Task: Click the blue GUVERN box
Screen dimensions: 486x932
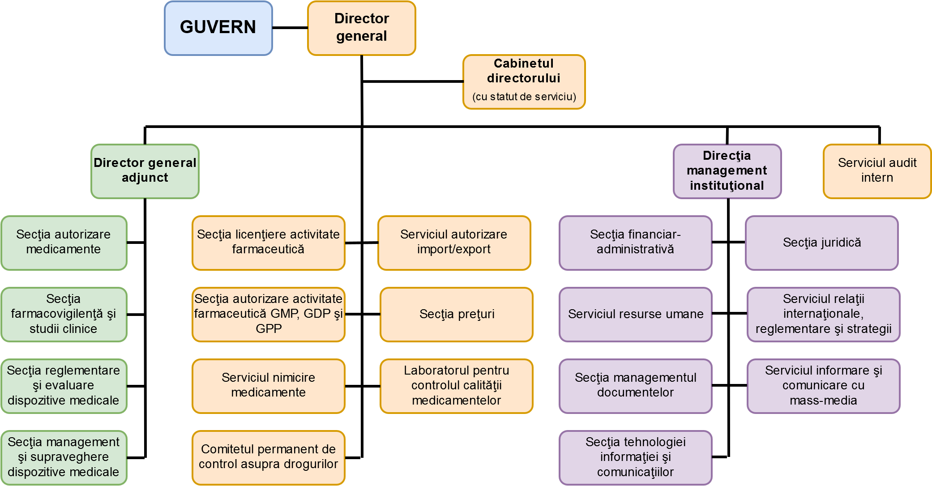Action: [x=218, y=28]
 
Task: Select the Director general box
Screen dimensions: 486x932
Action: [x=361, y=28]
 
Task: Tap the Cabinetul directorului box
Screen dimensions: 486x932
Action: [x=524, y=81]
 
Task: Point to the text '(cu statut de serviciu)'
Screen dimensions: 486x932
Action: [x=524, y=97]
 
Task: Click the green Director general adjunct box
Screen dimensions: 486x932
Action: [x=145, y=171]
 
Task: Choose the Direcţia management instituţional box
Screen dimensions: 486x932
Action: [x=727, y=171]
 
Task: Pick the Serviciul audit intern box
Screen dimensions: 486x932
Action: [x=877, y=171]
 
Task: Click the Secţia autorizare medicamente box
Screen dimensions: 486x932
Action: [x=64, y=243]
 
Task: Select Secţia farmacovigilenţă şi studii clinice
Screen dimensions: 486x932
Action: [x=64, y=314]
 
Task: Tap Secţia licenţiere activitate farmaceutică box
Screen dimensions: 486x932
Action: [x=268, y=243]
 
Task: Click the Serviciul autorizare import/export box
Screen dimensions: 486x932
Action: [x=454, y=243]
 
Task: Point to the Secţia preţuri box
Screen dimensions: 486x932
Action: [x=457, y=314]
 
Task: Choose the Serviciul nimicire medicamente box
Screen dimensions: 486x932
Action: [x=268, y=386]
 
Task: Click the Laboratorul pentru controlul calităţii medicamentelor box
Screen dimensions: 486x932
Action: [x=456, y=386]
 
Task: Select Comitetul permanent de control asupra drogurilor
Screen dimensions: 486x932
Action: [x=268, y=457]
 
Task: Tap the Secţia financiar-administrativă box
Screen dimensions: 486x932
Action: [x=635, y=243]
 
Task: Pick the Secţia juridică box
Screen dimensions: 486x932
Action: [x=822, y=243]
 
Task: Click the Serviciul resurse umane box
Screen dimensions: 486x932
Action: [x=635, y=314]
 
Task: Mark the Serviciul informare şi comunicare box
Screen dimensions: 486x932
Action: [x=823, y=386]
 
